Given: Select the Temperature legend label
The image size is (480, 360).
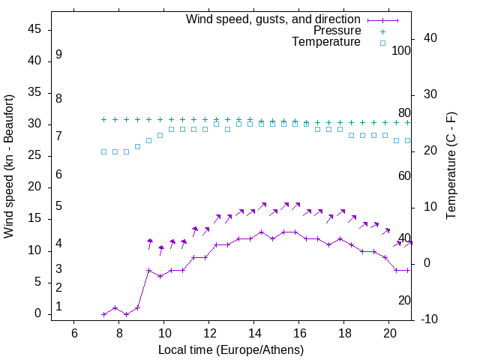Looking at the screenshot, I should [x=326, y=42].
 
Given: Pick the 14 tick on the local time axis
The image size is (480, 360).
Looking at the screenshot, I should [x=254, y=333].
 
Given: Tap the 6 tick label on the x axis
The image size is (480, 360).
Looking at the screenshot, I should [x=74, y=333].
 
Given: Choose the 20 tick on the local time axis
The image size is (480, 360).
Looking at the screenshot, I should [x=389, y=333].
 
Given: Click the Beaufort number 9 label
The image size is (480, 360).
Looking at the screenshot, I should [x=58, y=55].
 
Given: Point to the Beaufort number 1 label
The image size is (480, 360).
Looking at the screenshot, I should [x=58, y=307].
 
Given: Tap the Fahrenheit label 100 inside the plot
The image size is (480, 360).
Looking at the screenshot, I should [x=401, y=51].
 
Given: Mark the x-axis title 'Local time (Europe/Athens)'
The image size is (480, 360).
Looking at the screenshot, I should [x=231, y=350].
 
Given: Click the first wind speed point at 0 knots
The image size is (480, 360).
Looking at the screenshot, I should [x=104, y=314].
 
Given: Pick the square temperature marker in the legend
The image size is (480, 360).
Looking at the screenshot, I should [x=382, y=43].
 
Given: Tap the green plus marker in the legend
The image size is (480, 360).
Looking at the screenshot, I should [x=382, y=31].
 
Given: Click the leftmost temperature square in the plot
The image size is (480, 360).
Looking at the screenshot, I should [x=104, y=151].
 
